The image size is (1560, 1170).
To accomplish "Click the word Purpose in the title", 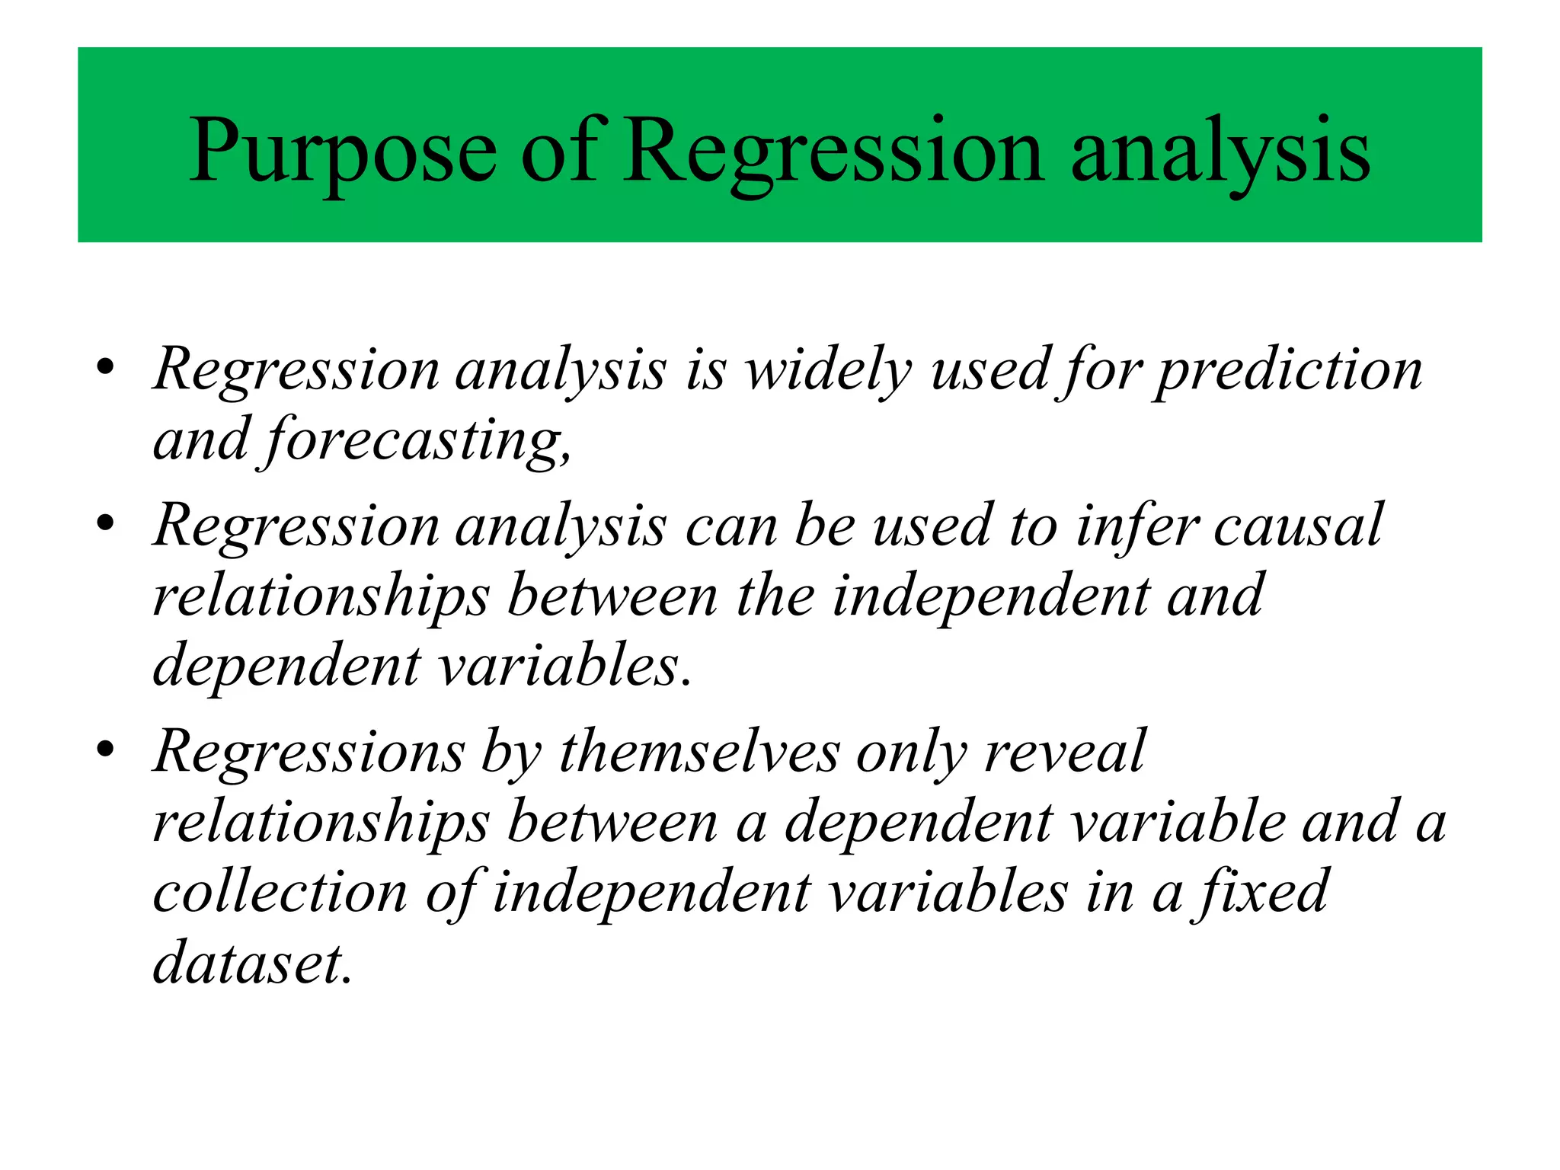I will [343, 152].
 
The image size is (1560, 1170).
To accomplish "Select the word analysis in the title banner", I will [1220, 152].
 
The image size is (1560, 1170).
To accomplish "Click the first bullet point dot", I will [106, 368].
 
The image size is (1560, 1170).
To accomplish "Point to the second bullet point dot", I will [106, 524].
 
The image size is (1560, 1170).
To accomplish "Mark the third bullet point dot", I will [106, 750].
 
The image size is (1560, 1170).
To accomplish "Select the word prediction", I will [1287, 371].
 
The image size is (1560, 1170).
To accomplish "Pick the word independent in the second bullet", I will [990, 597].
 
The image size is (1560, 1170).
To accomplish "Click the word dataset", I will [251, 964].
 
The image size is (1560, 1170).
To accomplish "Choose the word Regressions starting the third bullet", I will [308, 753].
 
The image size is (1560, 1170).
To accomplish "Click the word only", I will [911, 753].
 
